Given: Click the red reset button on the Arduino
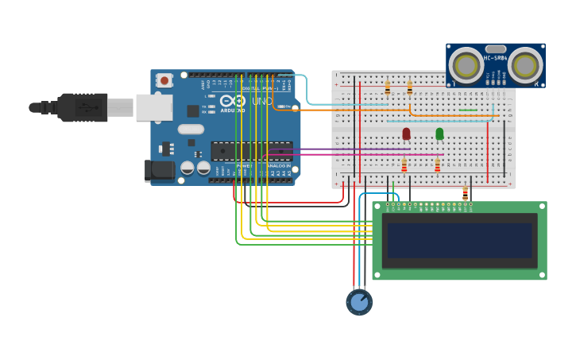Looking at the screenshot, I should (164, 80).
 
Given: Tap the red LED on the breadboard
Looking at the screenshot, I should (406, 134).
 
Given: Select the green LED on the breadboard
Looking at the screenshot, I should (439, 134).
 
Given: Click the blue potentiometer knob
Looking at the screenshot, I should (359, 302).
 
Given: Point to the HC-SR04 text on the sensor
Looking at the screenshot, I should (495, 58).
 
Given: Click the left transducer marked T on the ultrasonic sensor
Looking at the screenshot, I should (466, 65).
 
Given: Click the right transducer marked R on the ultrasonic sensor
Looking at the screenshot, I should (525, 65).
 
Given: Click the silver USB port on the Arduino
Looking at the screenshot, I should (153, 107).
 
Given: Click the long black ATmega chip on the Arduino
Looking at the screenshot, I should (251, 151).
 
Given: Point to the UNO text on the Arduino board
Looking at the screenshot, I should (262, 102).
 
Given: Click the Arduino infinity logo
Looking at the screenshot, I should (233, 101).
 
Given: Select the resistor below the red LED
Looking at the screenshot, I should (404, 165).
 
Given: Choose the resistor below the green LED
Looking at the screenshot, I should (437, 165).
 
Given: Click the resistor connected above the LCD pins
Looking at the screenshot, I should (465, 193).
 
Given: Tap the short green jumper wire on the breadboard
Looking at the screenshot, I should (468, 110).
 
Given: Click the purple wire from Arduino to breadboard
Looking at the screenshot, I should (342, 149).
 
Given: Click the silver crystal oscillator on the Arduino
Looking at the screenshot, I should (191, 129).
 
